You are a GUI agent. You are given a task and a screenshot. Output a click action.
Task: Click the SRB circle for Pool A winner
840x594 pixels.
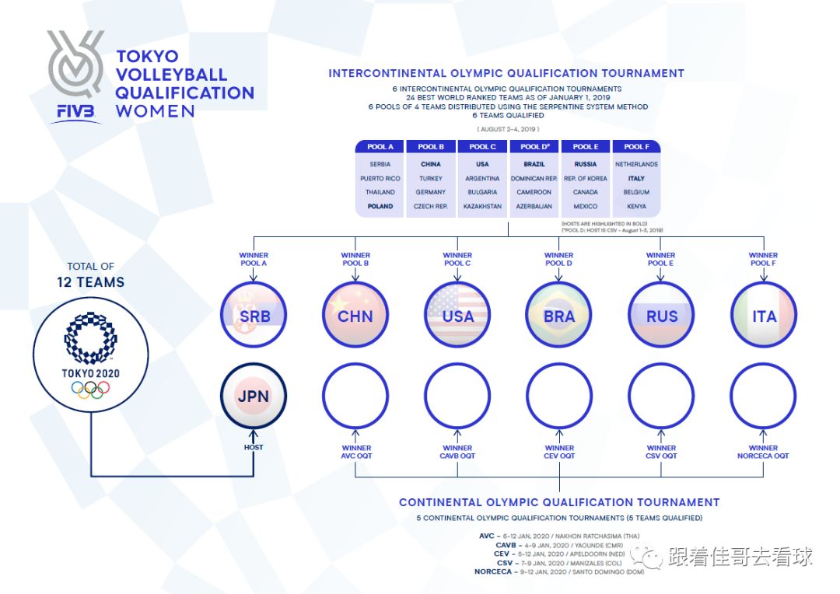254,316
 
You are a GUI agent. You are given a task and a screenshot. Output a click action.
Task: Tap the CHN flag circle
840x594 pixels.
355,316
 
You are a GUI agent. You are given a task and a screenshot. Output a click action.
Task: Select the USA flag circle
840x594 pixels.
457,316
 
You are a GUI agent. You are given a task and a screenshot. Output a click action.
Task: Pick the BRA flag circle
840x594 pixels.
559,316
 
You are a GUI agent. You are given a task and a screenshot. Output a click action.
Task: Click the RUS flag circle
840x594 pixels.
661,316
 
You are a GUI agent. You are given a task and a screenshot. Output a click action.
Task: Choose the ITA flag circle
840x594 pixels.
763,316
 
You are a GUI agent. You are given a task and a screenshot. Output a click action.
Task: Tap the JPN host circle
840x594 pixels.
254,397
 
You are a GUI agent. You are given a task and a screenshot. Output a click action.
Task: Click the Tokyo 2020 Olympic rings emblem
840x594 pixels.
90,389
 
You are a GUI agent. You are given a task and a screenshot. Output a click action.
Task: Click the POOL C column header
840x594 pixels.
482,147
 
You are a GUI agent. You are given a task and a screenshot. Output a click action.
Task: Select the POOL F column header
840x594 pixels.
636,147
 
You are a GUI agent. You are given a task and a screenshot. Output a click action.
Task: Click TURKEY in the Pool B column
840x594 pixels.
430,179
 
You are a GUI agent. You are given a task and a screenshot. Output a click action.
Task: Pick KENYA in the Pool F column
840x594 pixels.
636,207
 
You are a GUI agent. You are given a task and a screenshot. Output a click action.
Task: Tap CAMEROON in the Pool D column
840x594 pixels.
534,193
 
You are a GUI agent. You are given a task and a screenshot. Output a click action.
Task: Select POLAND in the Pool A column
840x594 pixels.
380,207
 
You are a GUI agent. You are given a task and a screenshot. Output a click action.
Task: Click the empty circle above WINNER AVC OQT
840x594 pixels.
355,397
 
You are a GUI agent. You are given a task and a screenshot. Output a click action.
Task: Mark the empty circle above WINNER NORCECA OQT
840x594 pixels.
763,397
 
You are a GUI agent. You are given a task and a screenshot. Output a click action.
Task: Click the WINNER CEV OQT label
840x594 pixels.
559,452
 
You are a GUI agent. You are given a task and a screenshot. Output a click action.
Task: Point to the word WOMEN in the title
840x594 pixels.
156,111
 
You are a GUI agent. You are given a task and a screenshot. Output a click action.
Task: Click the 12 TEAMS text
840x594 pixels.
90,282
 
